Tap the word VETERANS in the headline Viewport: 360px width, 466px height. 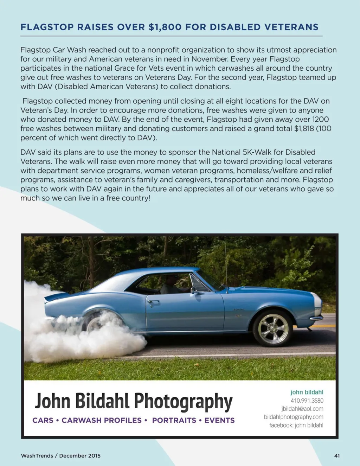tap(291, 27)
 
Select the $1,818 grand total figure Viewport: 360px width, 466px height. tap(304, 128)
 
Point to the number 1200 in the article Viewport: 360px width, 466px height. tap(320, 119)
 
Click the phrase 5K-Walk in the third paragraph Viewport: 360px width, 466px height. tap(257, 152)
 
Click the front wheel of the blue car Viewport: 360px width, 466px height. tap(273, 328)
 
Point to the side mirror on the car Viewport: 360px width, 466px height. tap(193, 291)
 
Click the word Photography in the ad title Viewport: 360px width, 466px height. tap(183, 401)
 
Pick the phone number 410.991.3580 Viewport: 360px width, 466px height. tap(307, 401)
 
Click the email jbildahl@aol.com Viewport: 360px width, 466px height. tap(302, 409)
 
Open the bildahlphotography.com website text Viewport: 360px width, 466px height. tap(294, 417)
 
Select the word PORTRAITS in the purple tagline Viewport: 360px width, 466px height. tap(174, 420)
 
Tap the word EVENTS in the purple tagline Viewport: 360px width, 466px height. tap(219, 420)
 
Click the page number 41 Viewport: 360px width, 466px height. tap(337, 455)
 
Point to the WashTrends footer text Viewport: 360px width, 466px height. tap(37, 455)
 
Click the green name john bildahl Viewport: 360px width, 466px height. tap(307, 392)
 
